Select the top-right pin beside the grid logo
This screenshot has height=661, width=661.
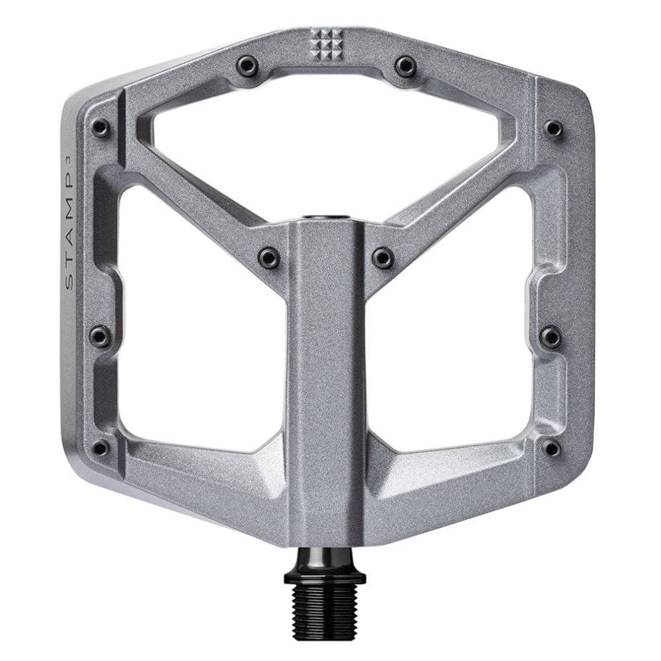(x=405, y=64)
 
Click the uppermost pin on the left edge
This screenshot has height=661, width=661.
(x=100, y=127)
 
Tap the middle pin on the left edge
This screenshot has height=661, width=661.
(x=100, y=336)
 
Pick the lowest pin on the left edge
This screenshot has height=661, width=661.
(x=100, y=447)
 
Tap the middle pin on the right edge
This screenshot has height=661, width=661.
(x=550, y=337)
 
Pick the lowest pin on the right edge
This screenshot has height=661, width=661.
(x=551, y=448)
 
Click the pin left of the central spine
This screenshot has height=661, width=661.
(x=269, y=256)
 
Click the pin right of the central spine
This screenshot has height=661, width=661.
(x=382, y=256)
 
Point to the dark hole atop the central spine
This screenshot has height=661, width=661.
(x=326, y=216)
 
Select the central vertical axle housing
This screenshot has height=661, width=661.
(x=326, y=383)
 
